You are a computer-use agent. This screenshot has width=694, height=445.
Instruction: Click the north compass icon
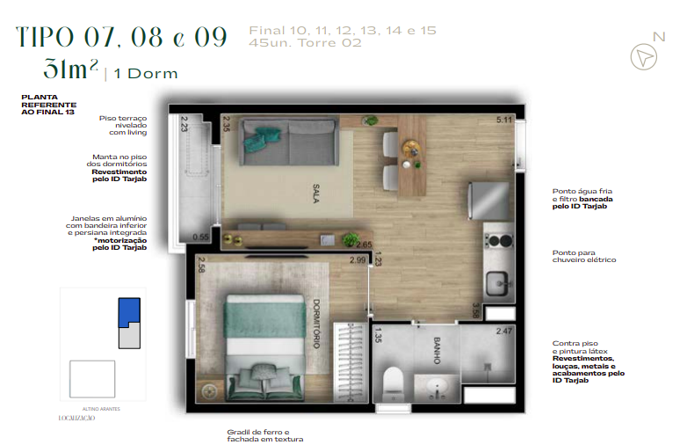646,55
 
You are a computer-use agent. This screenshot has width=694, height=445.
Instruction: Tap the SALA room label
314,192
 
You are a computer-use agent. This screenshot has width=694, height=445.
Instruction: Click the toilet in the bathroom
393,380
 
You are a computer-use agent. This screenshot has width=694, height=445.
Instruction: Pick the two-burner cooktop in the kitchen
497,240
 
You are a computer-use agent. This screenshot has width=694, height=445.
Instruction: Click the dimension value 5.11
504,120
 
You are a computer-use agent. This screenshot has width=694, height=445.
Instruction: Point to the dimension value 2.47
504,331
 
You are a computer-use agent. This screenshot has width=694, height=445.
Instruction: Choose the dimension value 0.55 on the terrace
200,237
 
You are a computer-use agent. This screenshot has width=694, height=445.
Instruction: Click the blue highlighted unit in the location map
128,311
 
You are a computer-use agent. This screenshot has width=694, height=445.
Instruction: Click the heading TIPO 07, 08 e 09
122,37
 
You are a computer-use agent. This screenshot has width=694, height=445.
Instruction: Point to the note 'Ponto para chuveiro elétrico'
584,256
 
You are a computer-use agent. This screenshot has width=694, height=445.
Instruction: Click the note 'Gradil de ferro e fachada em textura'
264,434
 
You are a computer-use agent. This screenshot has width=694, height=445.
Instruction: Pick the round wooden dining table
409,147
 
